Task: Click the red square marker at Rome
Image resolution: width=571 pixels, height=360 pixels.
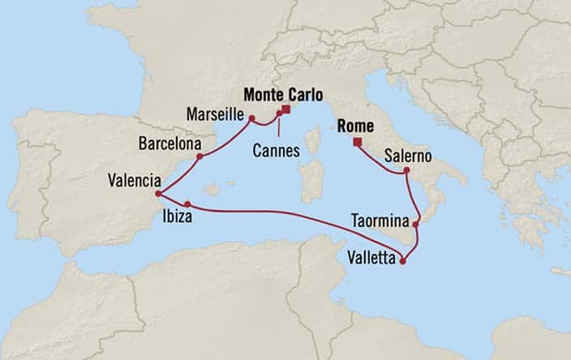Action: (x=357, y=144)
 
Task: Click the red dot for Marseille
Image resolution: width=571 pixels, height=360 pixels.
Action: (x=252, y=119)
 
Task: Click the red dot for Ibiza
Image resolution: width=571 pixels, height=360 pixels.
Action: (x=187, y=204)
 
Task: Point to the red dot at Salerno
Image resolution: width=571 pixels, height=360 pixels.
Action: (x=407, y=170)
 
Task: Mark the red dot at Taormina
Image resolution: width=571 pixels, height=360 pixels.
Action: (x=416, y=224)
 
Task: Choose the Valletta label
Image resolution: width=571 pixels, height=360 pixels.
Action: (x=371, y=259)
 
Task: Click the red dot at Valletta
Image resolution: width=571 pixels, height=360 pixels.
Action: (x=403, y=261)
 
